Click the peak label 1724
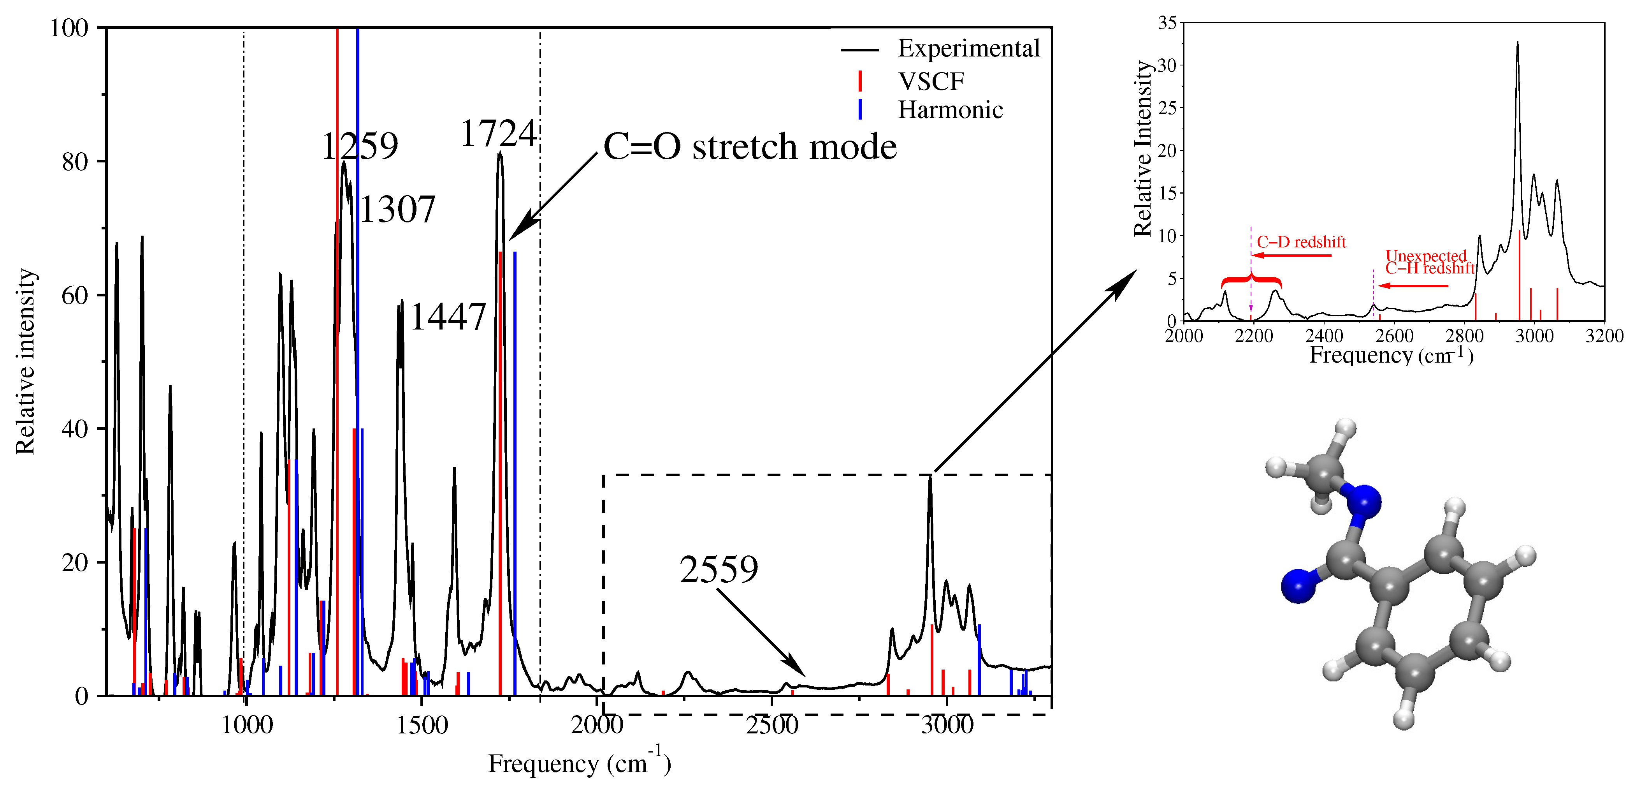pyautogui.click(x=498, y=134)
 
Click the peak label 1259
pyautogui.click(x=360, y=147)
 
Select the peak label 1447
pyautogui.click(x=448, y=317)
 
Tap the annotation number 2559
pyautogui.click(x=719, y=569)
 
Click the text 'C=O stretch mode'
pyautogui.click(x=750, y=147)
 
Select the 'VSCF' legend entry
pyautogui.click(x=931, y=81)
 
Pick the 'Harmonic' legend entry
pyautogui.click(x=950, y=110)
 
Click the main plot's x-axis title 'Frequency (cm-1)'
pyautogui.click(x=578, y=763)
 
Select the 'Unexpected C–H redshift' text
pyautogui.click(x=1429, y=262)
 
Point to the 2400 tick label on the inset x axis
pyautogui.click(x=1324, y=336)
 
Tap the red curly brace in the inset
pyautogui.click(x=1251, y=280)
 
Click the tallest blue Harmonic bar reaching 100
pyautogui.click(x=358, y=254)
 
